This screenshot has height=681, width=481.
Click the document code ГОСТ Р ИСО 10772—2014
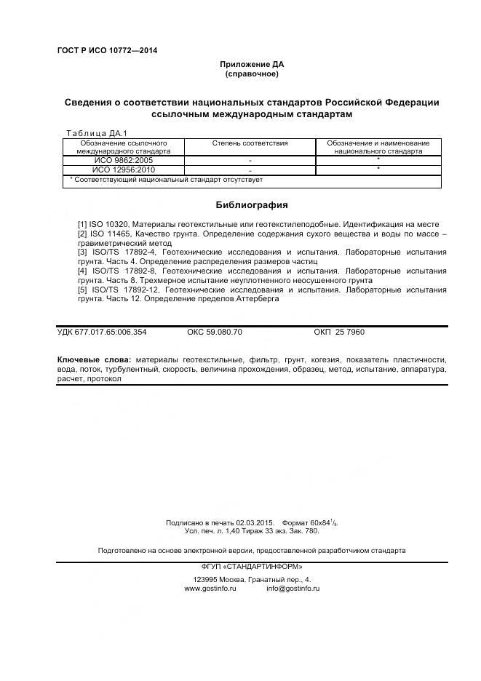107,50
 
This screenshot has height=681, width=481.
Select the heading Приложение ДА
252,65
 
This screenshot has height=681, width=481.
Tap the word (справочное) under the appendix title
252,74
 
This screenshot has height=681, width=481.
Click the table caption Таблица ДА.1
96,133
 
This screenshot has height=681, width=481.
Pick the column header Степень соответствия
250,143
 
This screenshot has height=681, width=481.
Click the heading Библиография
252,205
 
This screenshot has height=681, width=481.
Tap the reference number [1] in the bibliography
82,225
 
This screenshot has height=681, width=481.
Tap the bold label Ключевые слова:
94,360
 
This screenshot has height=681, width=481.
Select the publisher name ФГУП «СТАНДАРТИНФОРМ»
252,566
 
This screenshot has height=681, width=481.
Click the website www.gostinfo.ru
210,588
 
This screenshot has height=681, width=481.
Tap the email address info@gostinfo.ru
293,588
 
